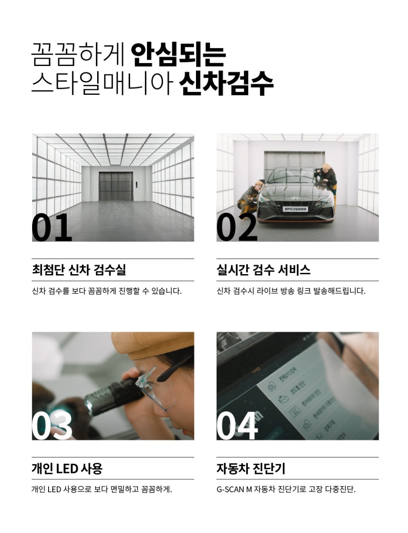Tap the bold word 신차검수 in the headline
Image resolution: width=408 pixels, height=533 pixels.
point(226,83)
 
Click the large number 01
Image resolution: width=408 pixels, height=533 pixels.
point(52,228)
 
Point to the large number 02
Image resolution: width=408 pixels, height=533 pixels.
point(237,228)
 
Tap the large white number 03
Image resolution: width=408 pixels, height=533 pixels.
point(52,426)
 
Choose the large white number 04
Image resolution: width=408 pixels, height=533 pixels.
point(237,426)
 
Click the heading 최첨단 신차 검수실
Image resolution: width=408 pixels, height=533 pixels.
point(79,270)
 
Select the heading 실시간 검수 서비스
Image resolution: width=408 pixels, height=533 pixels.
point(264,270)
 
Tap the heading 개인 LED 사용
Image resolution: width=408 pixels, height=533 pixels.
point(67,468)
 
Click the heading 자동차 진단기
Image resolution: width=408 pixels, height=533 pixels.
point(251,468)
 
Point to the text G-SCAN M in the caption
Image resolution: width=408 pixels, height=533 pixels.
point(234,489)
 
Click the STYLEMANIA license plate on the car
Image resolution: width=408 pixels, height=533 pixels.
point(295,209)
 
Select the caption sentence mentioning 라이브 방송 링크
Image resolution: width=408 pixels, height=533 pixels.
point(291,291)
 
